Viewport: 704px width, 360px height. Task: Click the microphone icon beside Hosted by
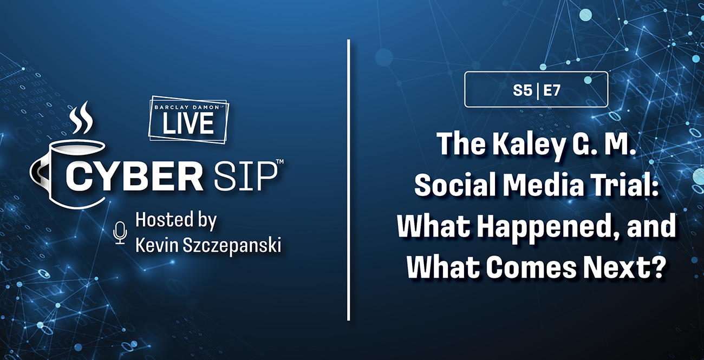[x=120, y=233]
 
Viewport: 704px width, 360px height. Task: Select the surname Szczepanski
[x=232, y=247]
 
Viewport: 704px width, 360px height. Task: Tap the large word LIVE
[x=188, y=123]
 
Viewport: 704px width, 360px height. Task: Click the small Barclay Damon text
[x=187, y=107]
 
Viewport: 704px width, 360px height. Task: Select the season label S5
[x=523, y=91]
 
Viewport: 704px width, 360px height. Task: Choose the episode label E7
[x=552, y=91]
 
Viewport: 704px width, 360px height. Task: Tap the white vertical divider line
[x=349, y=180]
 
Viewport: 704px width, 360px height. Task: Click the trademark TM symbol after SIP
[x=280, y=161]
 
